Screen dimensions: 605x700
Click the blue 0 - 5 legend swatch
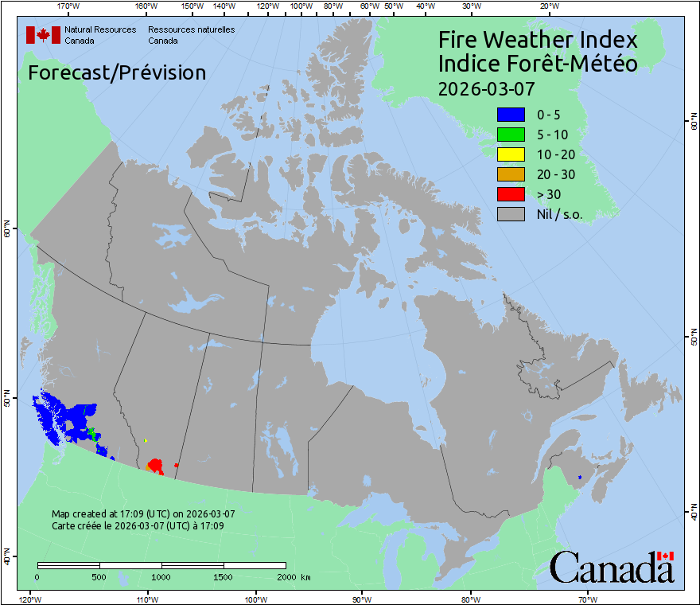[x=511, y=115]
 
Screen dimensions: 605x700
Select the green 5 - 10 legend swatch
[x=511, y=135]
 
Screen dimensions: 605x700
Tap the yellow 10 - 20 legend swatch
[x=511, y=154]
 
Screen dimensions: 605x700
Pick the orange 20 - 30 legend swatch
[x=511, y=174]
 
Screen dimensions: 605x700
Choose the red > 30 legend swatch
[x=511, y=194]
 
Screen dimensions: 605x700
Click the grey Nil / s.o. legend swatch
[x=511, y=214]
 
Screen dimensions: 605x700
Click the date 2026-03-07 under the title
[x=486, y=88]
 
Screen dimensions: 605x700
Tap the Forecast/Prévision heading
[x=117, y=73]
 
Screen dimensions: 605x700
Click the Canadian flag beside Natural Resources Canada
[x=43, y=35]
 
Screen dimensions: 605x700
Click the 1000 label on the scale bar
[x=161, y=576]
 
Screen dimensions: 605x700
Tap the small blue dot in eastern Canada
[x=580, y=477]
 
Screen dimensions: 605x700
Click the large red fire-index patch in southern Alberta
[x=155, y=465]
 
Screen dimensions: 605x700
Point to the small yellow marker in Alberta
[x=146, y=440]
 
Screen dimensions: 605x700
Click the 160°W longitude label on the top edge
[x=145, y=6]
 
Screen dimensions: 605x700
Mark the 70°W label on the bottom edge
[x=587, y=599]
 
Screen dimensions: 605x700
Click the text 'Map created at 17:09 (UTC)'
[x=143, y=514]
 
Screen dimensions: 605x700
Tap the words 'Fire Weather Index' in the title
[x=538, y=40]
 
